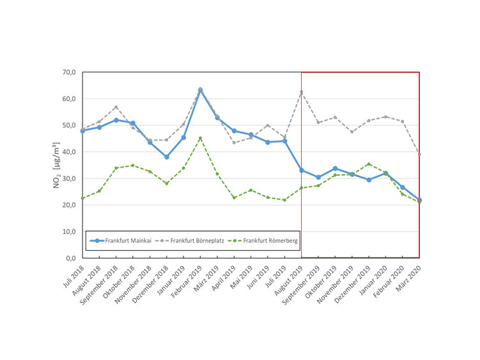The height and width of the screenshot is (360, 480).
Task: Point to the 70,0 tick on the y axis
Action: pyautogui.click(x=68, y=72)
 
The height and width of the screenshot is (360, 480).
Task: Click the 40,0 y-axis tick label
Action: pyautogui.click(x=68, y=152)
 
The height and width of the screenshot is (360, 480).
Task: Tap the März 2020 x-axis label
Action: pyautogui.click(x=410, y=274)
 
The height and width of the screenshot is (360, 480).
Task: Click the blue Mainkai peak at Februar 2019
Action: pyautogui.click(x=200, y=90)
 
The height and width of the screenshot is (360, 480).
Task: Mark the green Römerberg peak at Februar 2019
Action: pyautogui.click(x=200, y=138)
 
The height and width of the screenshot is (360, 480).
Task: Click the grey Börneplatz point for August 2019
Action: pyautogui.click(x=302, y=92)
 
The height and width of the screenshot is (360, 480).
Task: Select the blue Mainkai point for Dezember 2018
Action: pyautogui.click(x=167, y=157)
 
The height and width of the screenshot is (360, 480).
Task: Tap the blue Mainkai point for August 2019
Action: pyautogui.click(x=302, y=170)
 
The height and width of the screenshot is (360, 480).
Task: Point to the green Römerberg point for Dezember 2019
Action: pyautogui.click(x=369, y=164)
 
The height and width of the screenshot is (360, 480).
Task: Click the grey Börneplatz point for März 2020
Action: pyautogui.click(x=419, y=154)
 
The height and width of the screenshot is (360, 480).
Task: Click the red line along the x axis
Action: pyautogui.click(x=360, y=258)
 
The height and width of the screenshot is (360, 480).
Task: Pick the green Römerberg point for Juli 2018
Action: pyautogui.click(x=82, y=198)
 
